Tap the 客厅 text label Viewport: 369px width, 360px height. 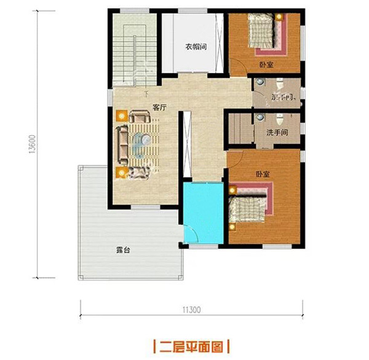click(x=160, y=108)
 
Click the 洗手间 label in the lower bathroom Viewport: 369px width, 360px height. click(x=277, y=133)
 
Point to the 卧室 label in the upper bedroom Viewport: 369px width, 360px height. click(x=266, y=65)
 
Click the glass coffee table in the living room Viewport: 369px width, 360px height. click(x=143, y=143)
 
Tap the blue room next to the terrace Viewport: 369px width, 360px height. click(x=203, y=212)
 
